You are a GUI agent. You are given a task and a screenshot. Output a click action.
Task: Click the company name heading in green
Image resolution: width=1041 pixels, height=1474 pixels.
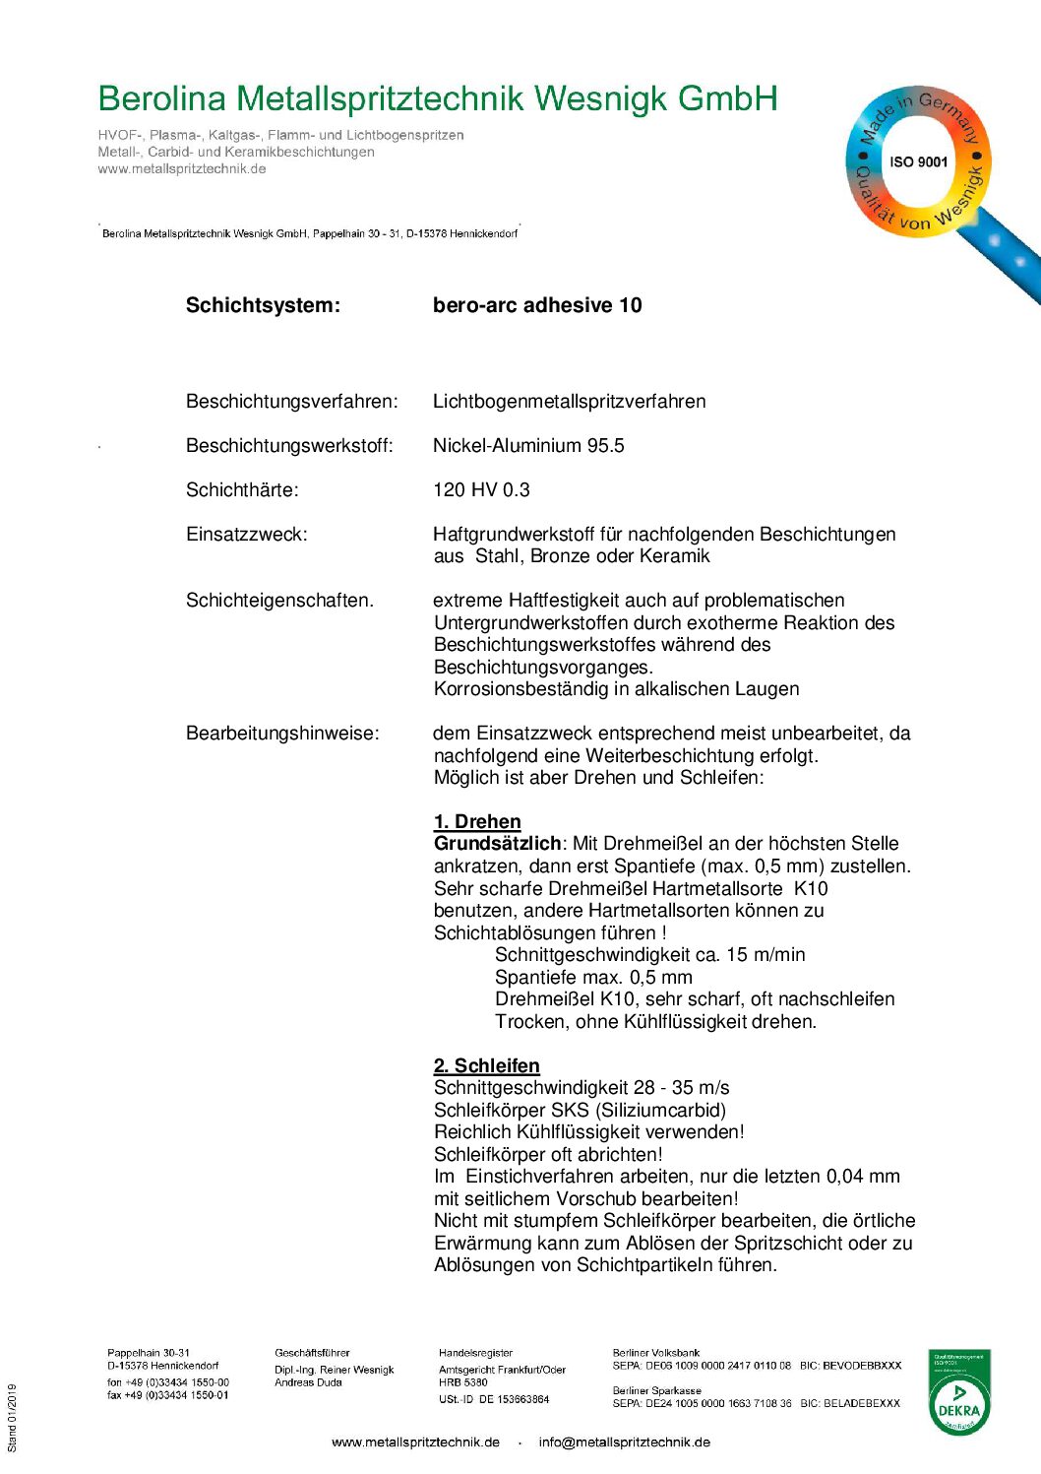click(438, 99)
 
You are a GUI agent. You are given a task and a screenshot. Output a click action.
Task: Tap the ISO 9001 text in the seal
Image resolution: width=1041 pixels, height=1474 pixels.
click(918, 162)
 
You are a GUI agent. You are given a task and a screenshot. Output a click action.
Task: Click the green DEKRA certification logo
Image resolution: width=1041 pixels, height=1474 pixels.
click(959, 1392)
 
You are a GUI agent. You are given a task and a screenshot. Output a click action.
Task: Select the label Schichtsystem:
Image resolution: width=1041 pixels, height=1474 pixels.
click(263, 305)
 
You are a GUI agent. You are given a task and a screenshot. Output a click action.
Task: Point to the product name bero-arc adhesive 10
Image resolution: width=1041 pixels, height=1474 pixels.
click(537, 305)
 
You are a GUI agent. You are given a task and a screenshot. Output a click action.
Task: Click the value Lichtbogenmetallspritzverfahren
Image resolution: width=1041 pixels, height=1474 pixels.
click(569, 402)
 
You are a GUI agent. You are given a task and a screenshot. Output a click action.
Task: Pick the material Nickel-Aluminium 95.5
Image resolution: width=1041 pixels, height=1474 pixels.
click(528, 446)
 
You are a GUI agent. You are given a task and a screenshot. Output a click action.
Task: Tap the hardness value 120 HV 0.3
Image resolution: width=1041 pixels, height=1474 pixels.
click(481, 490)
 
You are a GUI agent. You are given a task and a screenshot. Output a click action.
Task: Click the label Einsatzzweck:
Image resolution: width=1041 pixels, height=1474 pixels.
click(246, 535)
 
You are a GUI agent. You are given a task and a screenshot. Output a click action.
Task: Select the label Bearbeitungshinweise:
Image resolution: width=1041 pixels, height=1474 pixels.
click(282, 734)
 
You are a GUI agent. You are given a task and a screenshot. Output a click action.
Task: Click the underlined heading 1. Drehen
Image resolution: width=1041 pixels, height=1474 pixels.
click(477, 822)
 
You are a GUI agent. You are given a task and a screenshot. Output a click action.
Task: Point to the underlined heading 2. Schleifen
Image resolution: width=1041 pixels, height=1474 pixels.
click(486, 1066)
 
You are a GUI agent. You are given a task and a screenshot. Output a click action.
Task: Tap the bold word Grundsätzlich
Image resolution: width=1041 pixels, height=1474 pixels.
click(497, 844)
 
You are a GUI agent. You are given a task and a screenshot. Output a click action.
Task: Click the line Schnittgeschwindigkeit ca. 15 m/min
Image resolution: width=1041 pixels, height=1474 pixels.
click(649, 955)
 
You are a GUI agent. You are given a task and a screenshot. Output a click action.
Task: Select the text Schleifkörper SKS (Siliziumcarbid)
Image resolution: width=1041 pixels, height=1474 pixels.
click(580, 1111)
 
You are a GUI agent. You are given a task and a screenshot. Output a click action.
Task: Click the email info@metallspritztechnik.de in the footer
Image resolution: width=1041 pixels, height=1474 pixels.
click(624, 1442)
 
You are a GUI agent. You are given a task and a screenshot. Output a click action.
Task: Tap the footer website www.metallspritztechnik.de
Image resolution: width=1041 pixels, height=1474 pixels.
click(415, 1442)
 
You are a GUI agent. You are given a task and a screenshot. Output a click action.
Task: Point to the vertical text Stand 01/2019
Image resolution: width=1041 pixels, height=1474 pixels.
click(13, 1418)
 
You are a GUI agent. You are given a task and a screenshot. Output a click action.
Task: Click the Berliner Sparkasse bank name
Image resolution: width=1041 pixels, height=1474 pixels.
click(656, 1391)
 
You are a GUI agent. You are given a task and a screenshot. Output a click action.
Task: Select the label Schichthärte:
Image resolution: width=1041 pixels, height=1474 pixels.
click(242, 490)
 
